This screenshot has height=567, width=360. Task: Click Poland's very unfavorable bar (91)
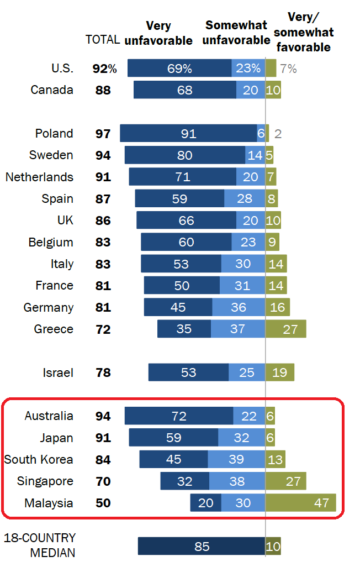[x=188, y=133]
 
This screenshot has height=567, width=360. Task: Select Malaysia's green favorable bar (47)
[x=301, y=503]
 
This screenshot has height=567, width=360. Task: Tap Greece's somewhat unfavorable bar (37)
[x=238, y=329]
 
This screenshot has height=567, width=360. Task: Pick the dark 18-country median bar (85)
[x=202, y=546]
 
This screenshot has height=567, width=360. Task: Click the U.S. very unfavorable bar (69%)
[x=179, y=68]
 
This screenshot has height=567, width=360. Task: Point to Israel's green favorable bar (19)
[x=280, y=372]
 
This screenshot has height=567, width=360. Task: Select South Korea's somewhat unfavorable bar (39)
[x=236, y=459]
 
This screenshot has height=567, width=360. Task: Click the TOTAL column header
[x=103, y=40]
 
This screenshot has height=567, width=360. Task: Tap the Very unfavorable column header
[x=158, y=33]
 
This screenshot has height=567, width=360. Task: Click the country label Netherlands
[x=39, y=177]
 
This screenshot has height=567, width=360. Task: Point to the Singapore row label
[x=45, y=481]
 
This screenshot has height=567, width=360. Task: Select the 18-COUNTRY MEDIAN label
[x=40, y=545]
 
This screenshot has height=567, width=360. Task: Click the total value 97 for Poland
[x=103, y=134]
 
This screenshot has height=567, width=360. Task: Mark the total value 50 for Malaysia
[x=103, y=503]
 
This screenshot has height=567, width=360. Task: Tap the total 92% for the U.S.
[x=105, y=69]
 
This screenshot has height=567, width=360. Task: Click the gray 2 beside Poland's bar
[x=278, y=134]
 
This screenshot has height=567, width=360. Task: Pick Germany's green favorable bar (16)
[x=278, y=307]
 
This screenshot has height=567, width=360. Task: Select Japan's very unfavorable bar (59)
[x=173, y=438]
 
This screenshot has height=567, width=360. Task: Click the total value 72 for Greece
[x=103, y=329]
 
